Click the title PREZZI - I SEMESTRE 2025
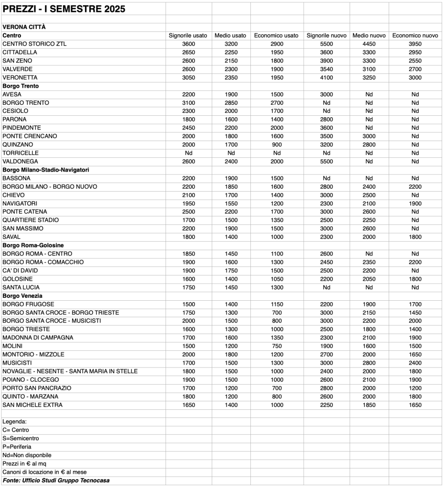pyautogui.click(x=64, y=9)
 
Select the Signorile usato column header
pyautogui.click(x=188, y=36)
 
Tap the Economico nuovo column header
pyautogui.click(x=415, y=36)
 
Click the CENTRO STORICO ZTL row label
pyautogui.click(x=35, y=44)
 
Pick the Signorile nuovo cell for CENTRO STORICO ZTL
pyautogui.click(x=326, y=44)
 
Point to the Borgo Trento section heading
pyautogui.click(x=21, y=86)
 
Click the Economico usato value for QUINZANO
pyautogui.click(x=276, y=144)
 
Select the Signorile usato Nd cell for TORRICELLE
pyautogui.click(x=188, y=153)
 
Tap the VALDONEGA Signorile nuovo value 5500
pyautogui.click(x=326, y=162)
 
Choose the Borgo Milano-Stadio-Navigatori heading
pyautogui.click(x=46, y=170)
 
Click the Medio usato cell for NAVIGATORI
pyautogui.click(x=231, y=203)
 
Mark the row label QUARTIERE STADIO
pyautogui.click(x=31, y=220)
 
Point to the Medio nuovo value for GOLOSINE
pyautogui.click(x=369, y=279)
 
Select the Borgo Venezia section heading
pyautogui.click(x=22, y=296)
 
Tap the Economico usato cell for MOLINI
pyautogui.click(x=276, y=346)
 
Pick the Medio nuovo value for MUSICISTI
pyautogui.click(x=369, y=363)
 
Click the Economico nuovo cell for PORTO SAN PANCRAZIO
pyautogui.click(x=415, y=388)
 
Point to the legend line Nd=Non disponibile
pyautogui.click(x=27, y=455)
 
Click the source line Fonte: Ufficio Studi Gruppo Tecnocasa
pyautogui.click(x=56, y=480)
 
